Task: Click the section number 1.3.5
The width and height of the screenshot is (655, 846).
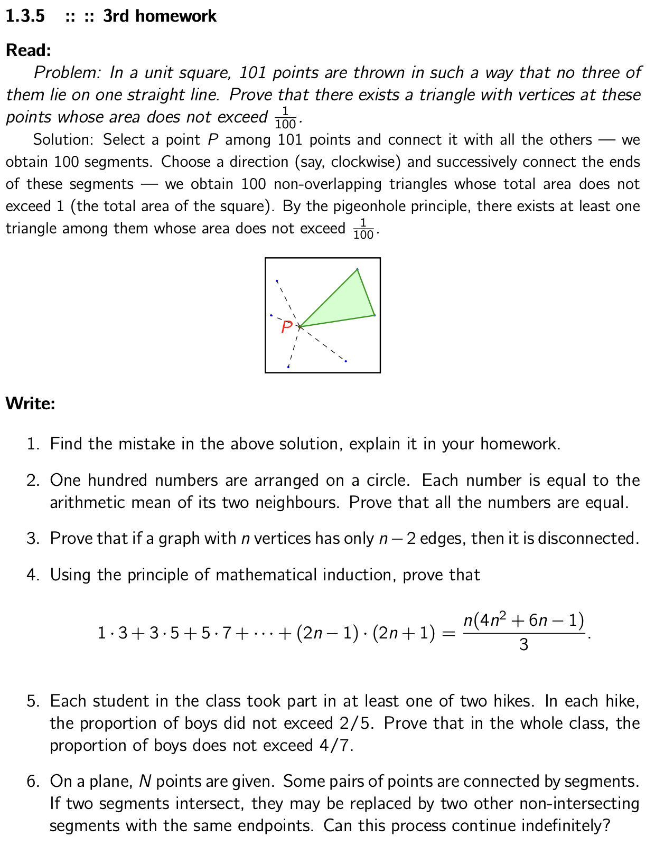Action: (25, 16)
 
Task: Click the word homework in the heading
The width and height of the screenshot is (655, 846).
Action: (175, 16)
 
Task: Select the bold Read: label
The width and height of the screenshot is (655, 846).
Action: (29, 50)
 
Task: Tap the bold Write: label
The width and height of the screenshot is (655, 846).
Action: (30, 403)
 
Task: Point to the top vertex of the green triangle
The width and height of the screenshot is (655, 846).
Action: (358, 269)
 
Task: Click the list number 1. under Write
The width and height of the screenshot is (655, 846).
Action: (33, 444)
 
